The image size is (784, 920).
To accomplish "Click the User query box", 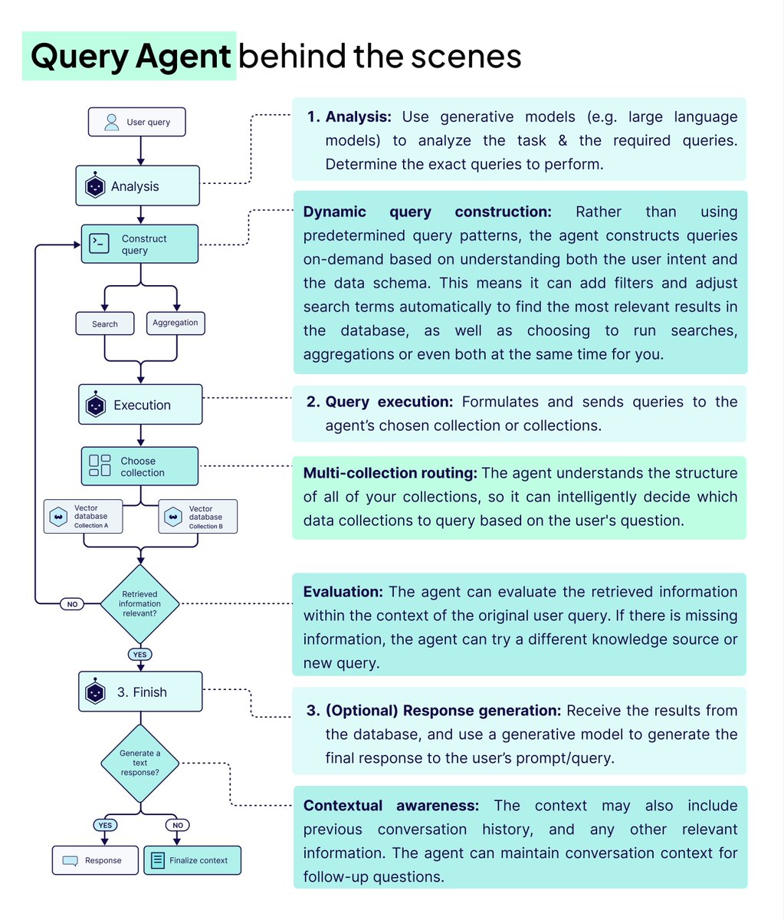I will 137,122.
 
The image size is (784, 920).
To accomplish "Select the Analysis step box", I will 137,186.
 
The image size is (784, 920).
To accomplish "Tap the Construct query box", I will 139,245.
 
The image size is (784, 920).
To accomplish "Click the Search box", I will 105,324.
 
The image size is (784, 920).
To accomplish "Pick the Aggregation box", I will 175,323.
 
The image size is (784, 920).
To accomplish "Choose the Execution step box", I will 140,405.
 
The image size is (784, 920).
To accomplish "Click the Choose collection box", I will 139,466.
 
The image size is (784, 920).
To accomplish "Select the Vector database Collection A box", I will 83,517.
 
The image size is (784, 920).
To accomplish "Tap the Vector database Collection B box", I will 198,517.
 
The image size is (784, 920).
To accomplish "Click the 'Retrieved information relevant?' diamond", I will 139,603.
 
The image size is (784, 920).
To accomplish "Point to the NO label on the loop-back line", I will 72,604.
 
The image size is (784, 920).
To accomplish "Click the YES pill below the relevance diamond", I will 140,655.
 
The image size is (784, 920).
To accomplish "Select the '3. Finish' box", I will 140,692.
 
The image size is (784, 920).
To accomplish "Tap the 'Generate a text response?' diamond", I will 140,763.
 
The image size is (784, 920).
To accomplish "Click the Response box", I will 96,860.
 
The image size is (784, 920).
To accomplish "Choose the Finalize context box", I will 192,860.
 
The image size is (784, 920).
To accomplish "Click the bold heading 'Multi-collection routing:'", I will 390,473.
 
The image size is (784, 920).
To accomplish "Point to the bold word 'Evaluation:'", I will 343,592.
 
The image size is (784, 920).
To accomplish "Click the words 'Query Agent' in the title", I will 130,56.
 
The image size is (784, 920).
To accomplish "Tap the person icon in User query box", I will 112,122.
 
